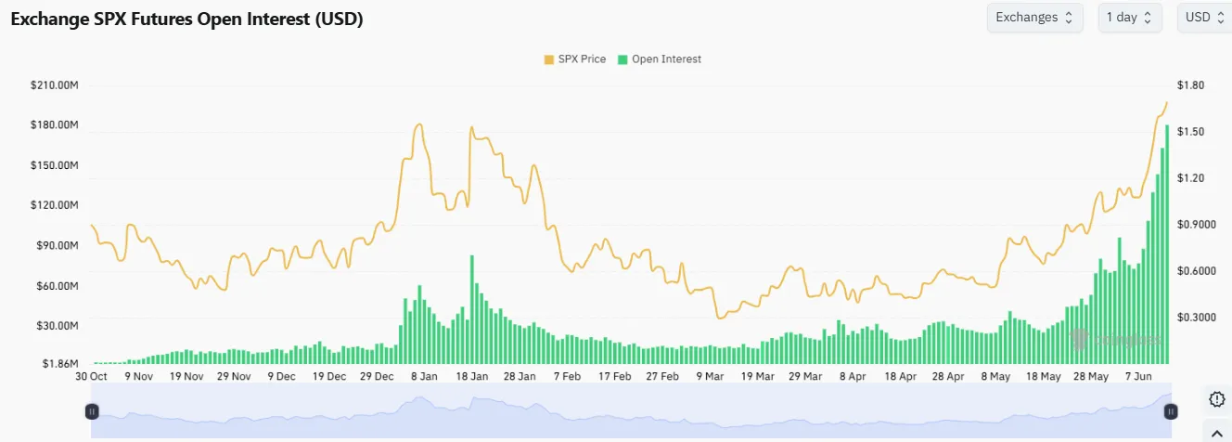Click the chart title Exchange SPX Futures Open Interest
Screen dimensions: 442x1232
[x=186, y=19]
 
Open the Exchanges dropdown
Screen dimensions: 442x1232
[x=1034, y=17]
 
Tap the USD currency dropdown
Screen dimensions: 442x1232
[x=1203, y=17]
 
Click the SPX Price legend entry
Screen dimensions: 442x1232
[x=575, y=59]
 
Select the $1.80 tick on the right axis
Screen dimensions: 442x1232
[x=1190, y=85]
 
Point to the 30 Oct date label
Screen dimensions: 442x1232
[x=91, y=377]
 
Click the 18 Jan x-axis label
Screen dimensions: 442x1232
[x=473, y=377]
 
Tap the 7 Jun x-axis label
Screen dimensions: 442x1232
[x=1138, y=377]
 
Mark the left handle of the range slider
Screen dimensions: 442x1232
[x=92, y=410]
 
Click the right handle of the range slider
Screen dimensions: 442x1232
[x=1171, y=410]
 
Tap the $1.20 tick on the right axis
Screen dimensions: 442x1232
[x=1190, y=178]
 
